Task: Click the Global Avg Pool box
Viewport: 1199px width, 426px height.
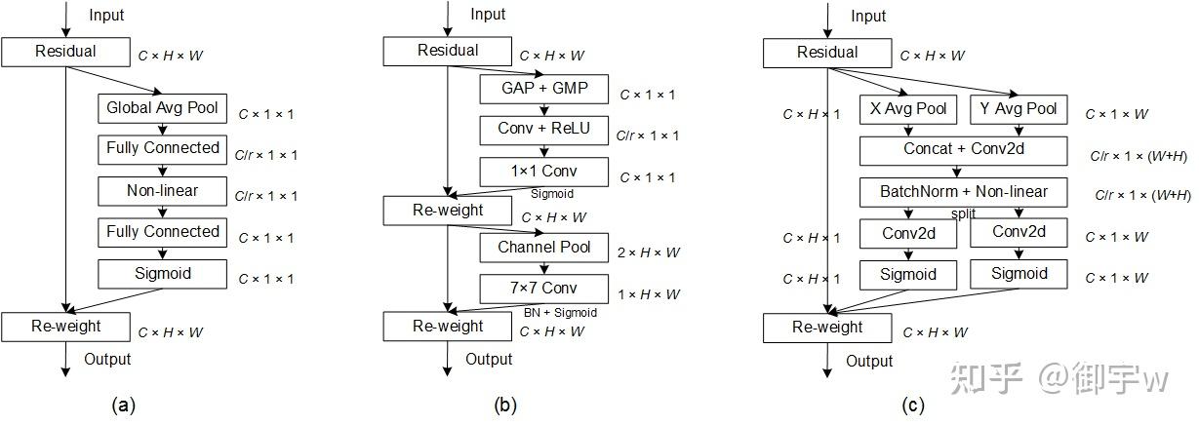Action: click(162, 107)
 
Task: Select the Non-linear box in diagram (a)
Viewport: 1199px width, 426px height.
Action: click(162, 191)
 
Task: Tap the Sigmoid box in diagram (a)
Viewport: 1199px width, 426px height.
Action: click(162, 274)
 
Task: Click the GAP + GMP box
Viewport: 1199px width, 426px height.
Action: click(543, 90)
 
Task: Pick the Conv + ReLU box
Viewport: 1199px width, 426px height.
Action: click(543, 129)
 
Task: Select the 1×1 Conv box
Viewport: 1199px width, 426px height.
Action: click(543, 172)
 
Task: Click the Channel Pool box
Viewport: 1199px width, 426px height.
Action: click(543, 248)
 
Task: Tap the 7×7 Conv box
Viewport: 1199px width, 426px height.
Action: click(543, 289)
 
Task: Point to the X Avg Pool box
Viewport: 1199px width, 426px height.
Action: click(908, 109)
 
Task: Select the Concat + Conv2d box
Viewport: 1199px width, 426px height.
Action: click(964, 150)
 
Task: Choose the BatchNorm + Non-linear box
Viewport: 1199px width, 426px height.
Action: click(964, 192)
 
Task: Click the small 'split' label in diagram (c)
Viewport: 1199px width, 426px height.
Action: click(964, 213)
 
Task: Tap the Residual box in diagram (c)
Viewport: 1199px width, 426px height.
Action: click(827, 53)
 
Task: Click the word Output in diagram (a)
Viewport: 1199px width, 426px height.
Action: click(107, 359)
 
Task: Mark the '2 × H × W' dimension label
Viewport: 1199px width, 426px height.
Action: click(650, 252)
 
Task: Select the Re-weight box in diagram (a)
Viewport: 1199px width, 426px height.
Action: click(65, 327)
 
